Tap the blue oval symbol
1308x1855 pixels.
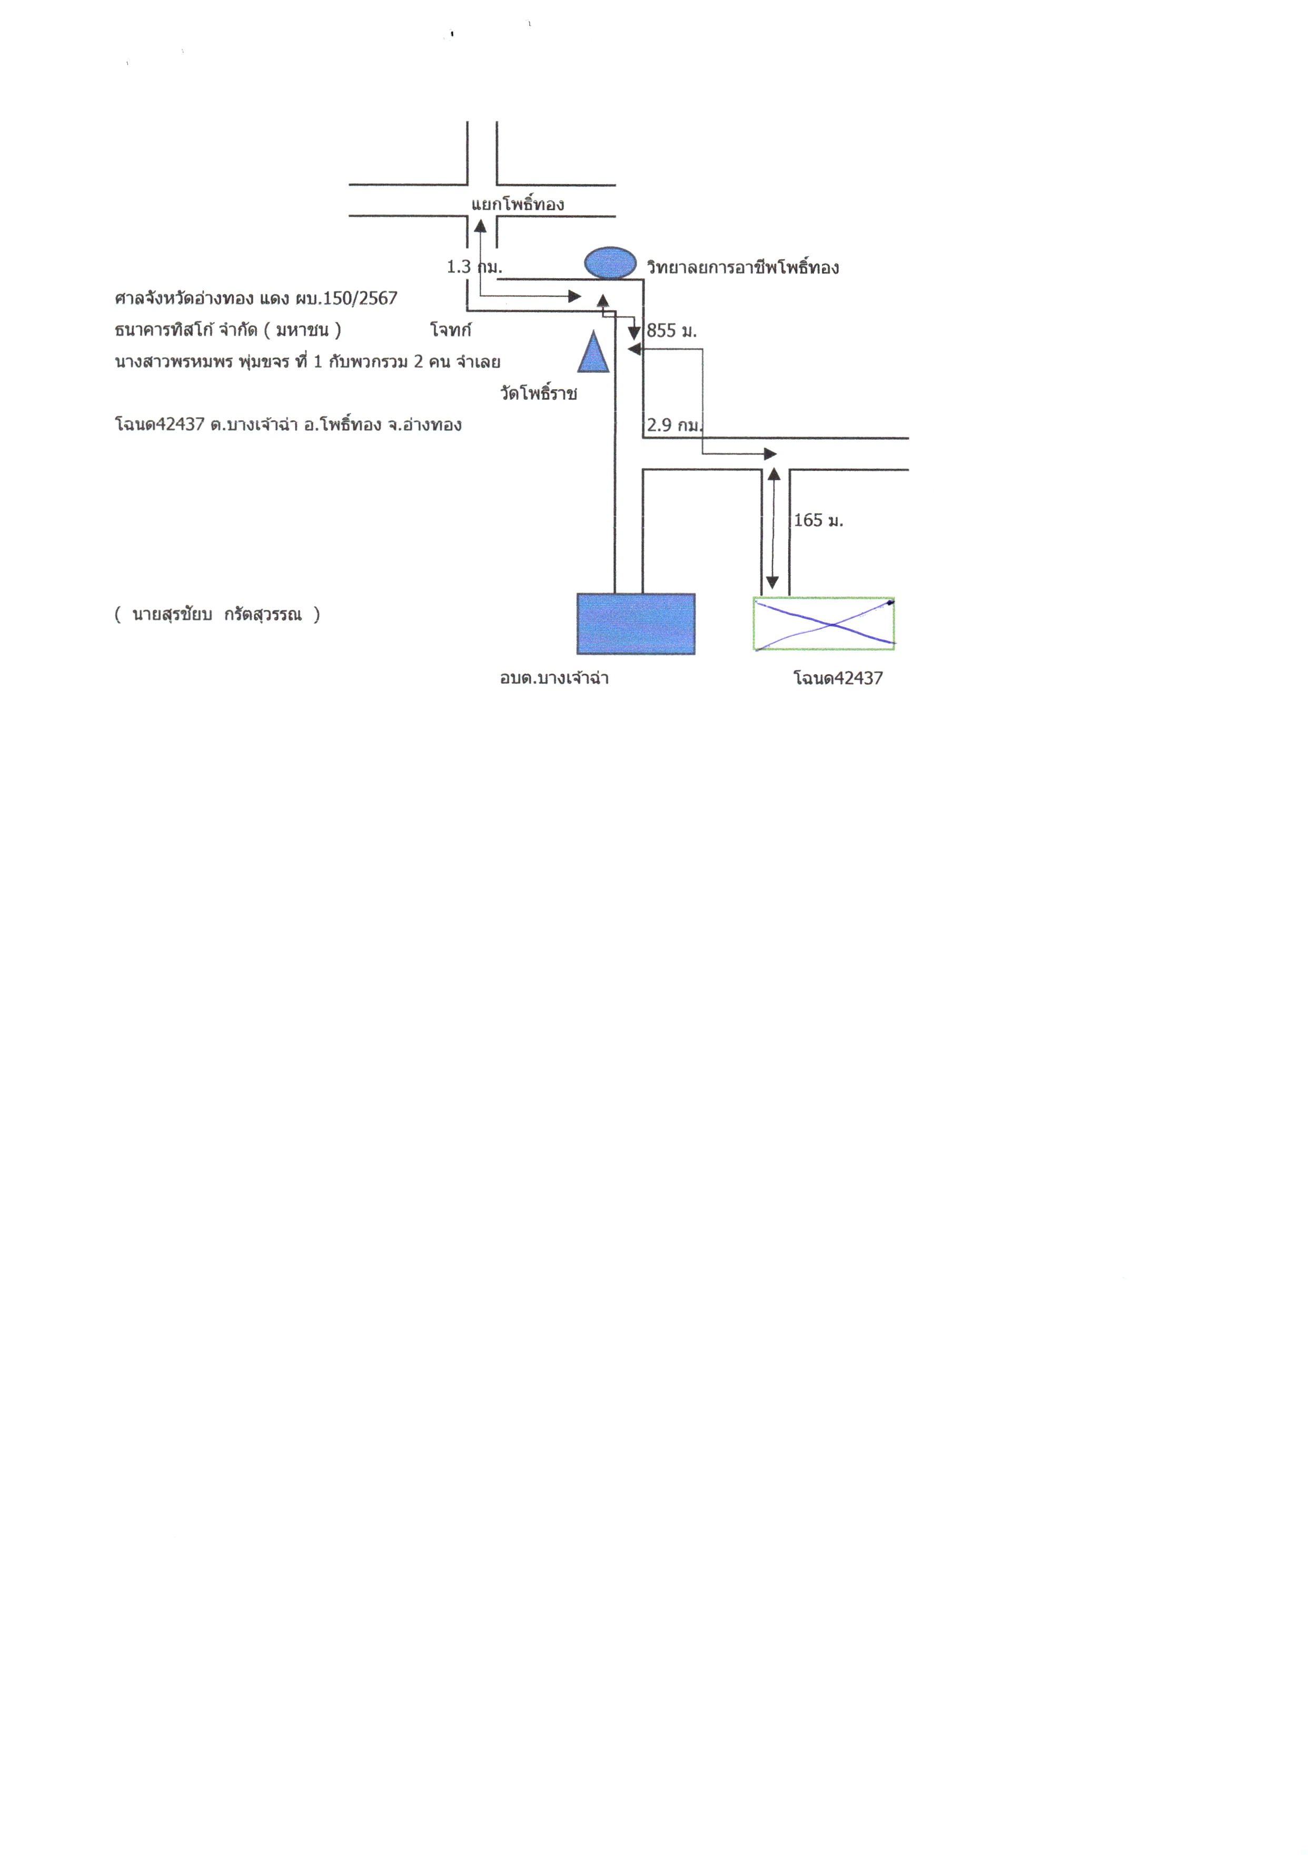click(x=610, y=263)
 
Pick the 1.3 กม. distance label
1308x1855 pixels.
click(x=474, y=267)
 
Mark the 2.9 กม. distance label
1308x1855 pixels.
click(x=675, y=425)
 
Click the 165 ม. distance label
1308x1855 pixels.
click(x=818, y=520)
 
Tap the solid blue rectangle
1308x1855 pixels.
click(x=636, y=624)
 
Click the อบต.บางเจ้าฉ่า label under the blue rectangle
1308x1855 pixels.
click(x=554, y=678)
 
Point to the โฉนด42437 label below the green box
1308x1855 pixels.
click(x=838, y=678)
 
